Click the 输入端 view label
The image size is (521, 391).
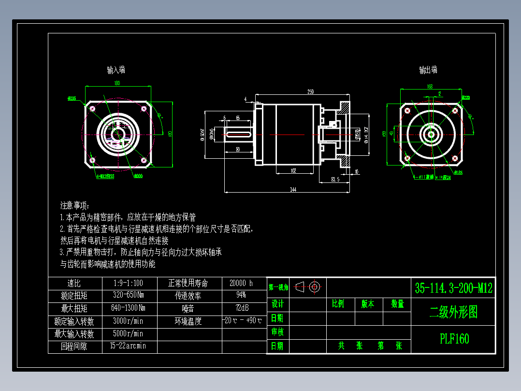pyautogui.click(x=116, y=70)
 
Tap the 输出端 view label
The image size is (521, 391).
pyautogui.click(x=428, y=70)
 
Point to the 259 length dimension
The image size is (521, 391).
pyautogui.click(x=310, y=91)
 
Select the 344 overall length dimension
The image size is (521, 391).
pyautogui.click(x=293, y=190)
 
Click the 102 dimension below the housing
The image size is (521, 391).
pyautogui.click(x=293, y=171)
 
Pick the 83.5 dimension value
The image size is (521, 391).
pyautogui.click(x=334, y=180)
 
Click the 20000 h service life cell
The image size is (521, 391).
pyautogui.click(x=244, y=283)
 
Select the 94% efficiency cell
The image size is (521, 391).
pyautogui.click(x=241, y=295)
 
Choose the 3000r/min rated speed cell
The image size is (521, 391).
pyautogui.click(x=129, y=320)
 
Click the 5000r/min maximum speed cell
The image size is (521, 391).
pyautogui.click(x=129, y=333)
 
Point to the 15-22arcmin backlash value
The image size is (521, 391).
pyautogui.click(x=128, y=346)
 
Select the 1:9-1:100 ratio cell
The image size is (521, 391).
pyautogui.click(x=129, y=283)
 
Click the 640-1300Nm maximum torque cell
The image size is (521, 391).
pyautogui.click(x=129, y=308)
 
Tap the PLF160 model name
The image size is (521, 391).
pyautogui.click(x=454, y=339)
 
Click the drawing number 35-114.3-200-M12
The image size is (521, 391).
pyautogui.click(x=453, y=288)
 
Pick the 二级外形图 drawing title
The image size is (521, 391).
pyautogui.click(x=453, y=312)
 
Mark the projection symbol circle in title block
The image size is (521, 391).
pyautogui.click(x=315, y=286)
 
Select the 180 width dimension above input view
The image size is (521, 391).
pyautogui.click(x=117, y=83)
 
